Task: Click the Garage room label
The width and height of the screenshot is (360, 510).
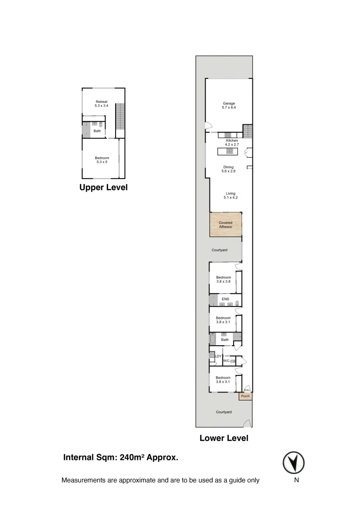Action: coord(229,106)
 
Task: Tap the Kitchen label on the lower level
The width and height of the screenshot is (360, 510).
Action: coord(232,142)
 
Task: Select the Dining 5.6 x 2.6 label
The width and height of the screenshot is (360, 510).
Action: coord(228,169)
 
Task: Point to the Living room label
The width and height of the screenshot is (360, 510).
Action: coord(230,195)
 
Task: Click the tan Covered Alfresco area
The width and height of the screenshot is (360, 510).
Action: coord(226,224)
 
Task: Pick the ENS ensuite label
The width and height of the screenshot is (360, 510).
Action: coord(225,299)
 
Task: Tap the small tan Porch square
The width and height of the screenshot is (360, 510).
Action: coord(245,396)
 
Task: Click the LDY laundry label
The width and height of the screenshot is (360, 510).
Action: coord(218,356)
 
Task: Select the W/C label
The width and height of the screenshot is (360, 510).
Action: coord(226,361)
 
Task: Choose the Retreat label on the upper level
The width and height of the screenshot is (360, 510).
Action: coord(101,104)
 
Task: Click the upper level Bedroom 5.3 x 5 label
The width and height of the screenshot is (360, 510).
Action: coord(101,160)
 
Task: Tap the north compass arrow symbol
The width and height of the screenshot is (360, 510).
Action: coord(293,462)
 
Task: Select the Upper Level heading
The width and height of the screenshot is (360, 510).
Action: coord(103,187)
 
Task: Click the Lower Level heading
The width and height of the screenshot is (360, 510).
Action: coord(224,438)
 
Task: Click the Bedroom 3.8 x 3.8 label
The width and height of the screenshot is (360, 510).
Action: coord(223,279)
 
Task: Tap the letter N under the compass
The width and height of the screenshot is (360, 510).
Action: coord(296,480)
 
